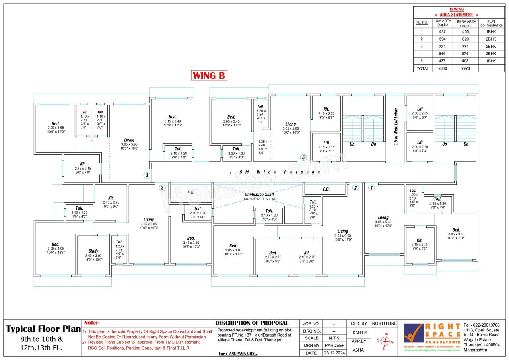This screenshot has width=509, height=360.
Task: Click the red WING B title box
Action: point(209,76)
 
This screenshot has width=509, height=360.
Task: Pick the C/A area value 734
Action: point(442,47)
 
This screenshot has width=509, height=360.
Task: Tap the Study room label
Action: point(93,251)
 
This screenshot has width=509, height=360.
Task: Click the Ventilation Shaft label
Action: point(259,194)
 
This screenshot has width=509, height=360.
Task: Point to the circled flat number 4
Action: point(147,175)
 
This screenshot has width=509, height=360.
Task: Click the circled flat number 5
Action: point(303,157)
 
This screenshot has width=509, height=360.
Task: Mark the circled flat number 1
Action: point(371,188)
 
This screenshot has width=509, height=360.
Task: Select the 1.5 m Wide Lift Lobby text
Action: point(396,126)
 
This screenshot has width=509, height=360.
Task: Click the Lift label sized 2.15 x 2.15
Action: point(326,143)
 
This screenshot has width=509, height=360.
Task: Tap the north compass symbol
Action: point(385,341)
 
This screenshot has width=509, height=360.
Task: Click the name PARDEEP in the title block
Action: point(334,345)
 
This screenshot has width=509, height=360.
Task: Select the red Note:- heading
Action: point(92,323)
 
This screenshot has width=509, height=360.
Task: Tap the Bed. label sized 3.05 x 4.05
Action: point(56,244)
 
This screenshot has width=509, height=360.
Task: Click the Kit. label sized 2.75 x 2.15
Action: point(83,164)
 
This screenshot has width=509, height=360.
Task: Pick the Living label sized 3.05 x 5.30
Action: point(383,218)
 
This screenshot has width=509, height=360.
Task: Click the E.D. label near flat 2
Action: point(326,189)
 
